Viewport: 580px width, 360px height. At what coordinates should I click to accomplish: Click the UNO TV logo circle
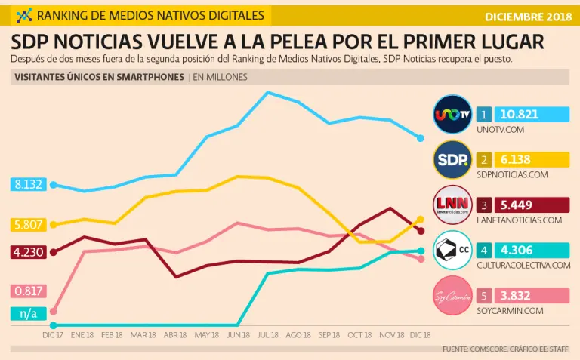(453, 114)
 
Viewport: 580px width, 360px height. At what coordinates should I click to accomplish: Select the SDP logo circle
(453, 159)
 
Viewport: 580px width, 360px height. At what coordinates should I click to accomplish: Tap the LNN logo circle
(453, 205)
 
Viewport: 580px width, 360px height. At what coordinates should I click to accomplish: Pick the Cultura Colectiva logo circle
(453, 250)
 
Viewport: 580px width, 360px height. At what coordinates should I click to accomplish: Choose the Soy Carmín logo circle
(453, 295)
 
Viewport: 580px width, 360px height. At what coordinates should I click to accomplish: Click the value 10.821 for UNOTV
(532, 115)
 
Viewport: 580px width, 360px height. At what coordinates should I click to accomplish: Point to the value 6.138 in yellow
(532, 159)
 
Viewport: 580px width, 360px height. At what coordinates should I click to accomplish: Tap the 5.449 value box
(532, 205)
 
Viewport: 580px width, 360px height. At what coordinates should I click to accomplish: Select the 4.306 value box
(532, 250)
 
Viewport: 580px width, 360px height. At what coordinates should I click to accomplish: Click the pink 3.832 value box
(532, 295)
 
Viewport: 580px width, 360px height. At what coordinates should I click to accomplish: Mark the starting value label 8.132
(28, 183)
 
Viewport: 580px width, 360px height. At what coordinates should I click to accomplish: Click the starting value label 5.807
(28, 224)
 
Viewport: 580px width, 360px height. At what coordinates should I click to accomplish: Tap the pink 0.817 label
(28, 291)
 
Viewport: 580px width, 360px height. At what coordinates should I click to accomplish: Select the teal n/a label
(28, 313)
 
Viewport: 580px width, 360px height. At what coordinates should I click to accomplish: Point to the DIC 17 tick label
(52, 334)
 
